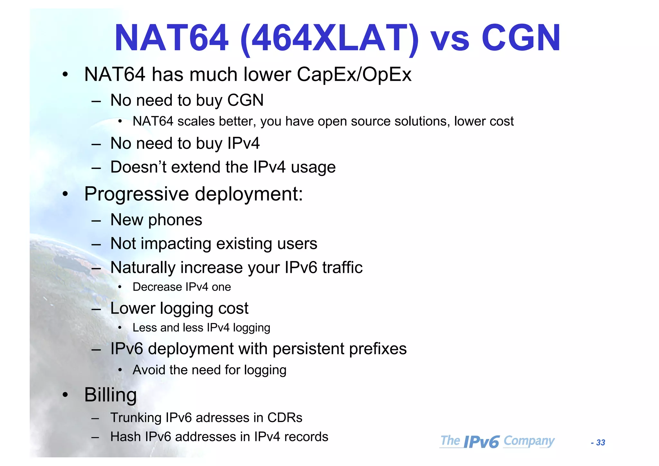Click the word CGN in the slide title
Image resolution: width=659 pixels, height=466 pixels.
click(521, 38)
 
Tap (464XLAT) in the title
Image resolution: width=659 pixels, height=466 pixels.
click(329, 38)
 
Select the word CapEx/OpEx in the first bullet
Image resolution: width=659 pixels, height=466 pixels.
click(354, 75)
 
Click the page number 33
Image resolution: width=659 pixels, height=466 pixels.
click(600, 443)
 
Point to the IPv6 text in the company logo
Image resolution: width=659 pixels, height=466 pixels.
click(481, 442)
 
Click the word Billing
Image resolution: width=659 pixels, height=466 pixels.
click(110, 395)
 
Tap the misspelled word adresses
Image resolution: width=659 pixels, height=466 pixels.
click(222, 418)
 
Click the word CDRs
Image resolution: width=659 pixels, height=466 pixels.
click(285, 418)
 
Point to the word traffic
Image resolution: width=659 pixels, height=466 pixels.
click(342, 267)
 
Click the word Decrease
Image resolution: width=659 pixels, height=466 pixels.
click(157, 287)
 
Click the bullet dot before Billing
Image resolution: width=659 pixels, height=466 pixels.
click(65, 395)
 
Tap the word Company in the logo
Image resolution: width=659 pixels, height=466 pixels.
click(529, 441)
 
